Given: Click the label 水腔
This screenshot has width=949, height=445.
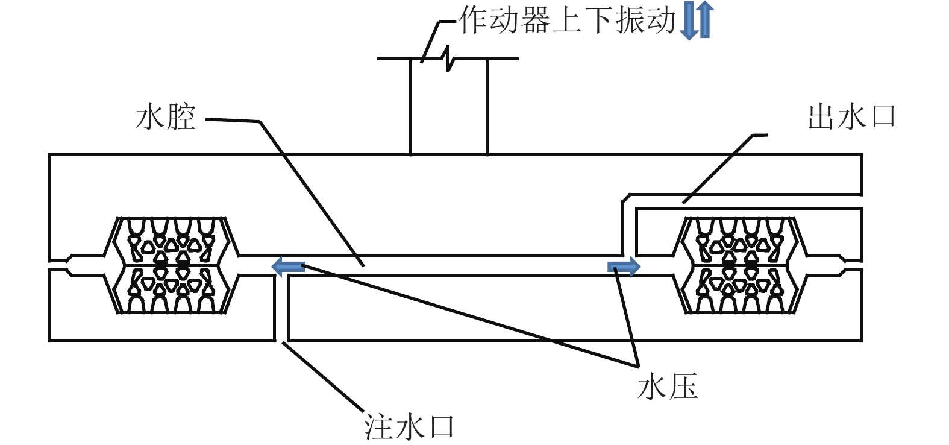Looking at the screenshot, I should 166,117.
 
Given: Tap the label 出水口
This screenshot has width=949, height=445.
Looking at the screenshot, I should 851,117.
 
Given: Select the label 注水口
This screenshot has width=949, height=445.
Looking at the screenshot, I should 409,427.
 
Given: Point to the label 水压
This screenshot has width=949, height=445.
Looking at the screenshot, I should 668,386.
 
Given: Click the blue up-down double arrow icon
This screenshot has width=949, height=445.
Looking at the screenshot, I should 697,21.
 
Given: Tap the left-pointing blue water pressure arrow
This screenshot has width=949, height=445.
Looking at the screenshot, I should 288,265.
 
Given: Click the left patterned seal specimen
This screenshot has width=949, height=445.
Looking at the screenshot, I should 172,265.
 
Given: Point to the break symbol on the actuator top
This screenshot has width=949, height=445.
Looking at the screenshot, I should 448,59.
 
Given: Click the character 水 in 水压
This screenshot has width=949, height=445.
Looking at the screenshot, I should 652,386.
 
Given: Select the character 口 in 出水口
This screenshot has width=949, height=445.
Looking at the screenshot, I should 883,117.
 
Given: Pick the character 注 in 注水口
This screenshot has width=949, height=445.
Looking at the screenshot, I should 378,427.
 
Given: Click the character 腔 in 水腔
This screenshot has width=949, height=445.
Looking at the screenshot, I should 181,117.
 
